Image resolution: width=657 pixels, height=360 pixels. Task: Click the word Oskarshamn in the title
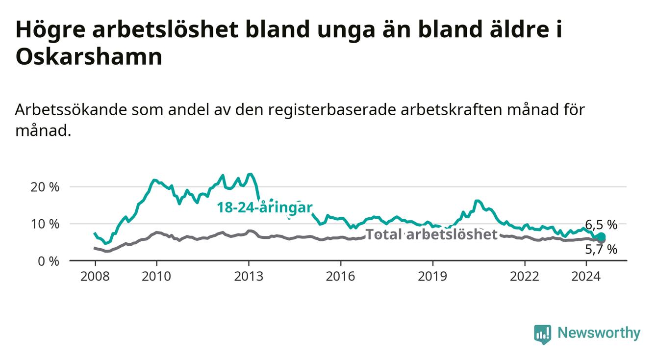tap(89, 56)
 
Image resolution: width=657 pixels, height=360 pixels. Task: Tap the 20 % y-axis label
tap(45, 187)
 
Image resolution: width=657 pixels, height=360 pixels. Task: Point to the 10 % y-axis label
tap(45, 224)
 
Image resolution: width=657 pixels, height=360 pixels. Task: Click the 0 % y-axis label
tap(49, 261)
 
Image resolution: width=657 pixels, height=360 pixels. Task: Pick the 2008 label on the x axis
tap(95, 276)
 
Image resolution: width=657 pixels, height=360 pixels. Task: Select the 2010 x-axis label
tap(156, 276)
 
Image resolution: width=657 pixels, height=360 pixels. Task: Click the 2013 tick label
tap(249, 276)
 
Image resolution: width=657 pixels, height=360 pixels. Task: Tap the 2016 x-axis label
tap(341, 276)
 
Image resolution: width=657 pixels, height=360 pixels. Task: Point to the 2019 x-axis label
tap(432, 276)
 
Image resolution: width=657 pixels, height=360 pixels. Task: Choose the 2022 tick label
tap(525, 276)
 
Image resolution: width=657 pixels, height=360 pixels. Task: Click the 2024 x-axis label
tap(586, 276)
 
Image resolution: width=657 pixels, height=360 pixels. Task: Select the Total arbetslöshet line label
tap(432, 234)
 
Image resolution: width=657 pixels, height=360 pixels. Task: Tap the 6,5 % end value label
tap(601, 225)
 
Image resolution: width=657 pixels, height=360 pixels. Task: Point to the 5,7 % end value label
tap(601, 249)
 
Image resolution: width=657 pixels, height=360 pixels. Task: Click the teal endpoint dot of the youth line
tap(602, 236)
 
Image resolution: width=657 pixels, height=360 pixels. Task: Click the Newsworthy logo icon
tap(543, 334)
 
